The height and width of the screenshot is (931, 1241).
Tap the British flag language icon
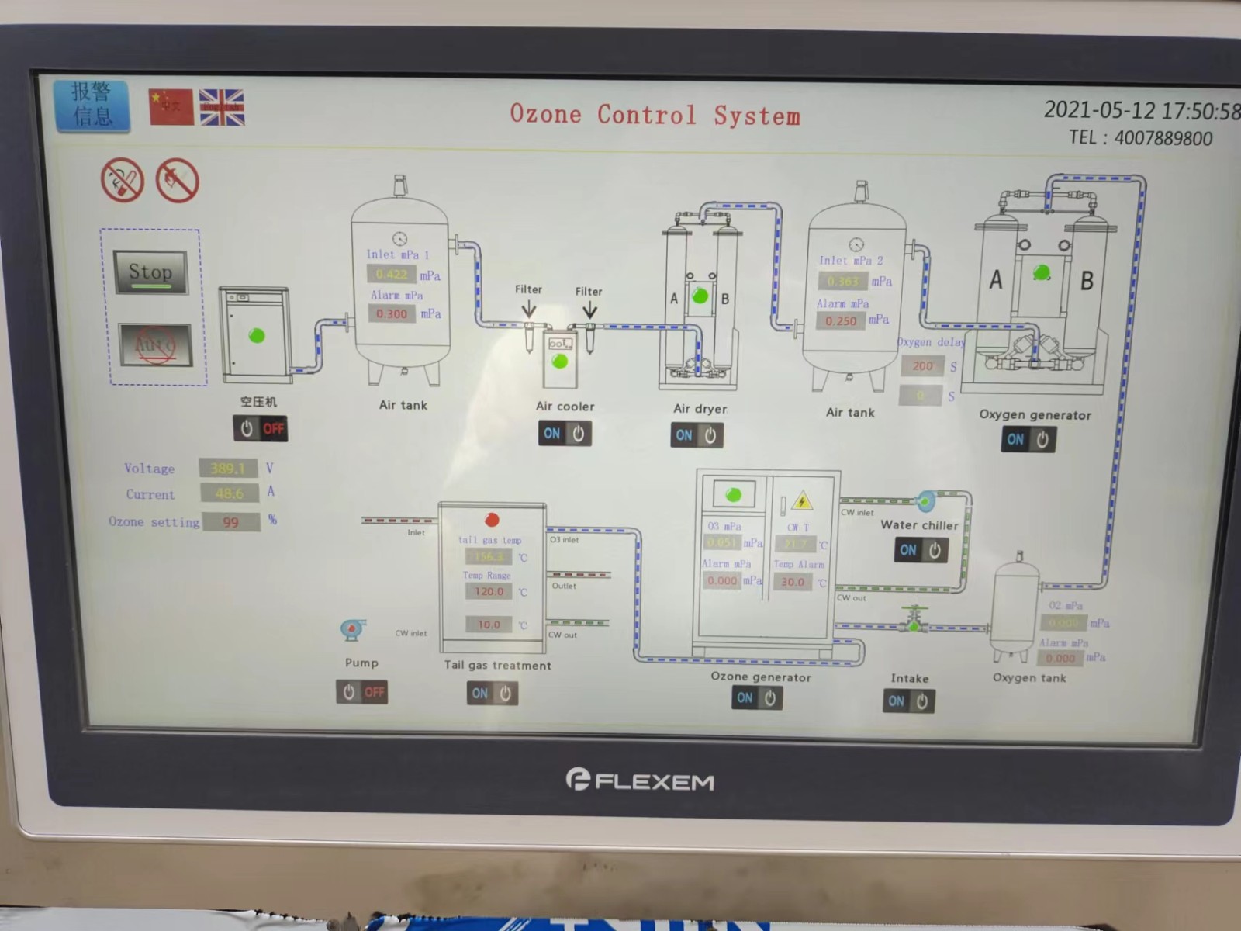pos(222,107)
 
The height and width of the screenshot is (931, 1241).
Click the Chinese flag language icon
pos(171,106)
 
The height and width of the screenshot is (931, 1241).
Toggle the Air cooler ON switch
pos(565,434)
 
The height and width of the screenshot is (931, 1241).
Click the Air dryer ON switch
pos(697,435)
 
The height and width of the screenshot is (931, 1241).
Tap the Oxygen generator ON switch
pos(1028,440)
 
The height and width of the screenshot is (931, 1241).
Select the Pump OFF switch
pos(362,692)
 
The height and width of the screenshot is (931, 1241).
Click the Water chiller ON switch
pos(921,550)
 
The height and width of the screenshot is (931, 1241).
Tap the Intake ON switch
pos(908,701)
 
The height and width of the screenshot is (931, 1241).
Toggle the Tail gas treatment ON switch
pos(493,694)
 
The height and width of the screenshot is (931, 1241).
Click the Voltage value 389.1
pos(228,469)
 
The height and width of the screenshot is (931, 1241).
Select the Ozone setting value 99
pos(231,522)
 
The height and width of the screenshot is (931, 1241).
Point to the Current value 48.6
pos(230,493)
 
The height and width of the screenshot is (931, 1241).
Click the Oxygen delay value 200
pos(922,366)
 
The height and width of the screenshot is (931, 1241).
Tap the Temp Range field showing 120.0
pos(489,591)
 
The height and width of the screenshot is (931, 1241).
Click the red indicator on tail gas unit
pos(492,519)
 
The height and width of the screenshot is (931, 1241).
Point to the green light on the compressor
pos(257,335)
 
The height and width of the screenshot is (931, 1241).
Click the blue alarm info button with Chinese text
pos(92,105)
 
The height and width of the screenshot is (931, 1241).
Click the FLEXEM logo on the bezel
pos(641,780)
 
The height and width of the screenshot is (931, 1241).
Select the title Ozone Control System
pos(655,115)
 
